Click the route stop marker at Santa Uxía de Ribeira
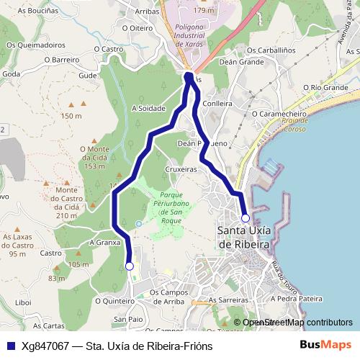246,217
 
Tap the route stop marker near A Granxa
130,266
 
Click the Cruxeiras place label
180,169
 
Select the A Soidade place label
149,109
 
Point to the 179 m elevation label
204,10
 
